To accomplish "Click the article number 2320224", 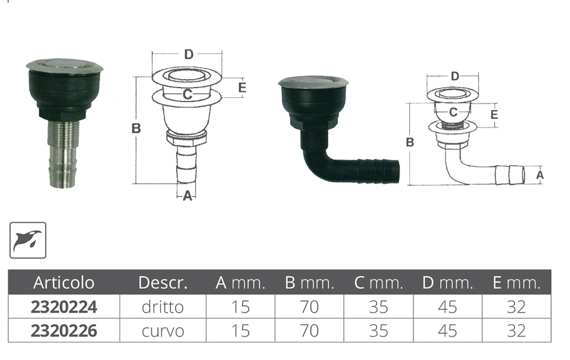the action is (x=64, y=308).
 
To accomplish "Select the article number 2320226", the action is (x=64, y=331).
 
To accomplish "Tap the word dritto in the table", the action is (x=162, y=308).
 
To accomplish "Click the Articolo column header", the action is (x=64, y=283).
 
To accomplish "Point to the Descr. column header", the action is (x=163, y=283).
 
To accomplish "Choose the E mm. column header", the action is (x=516, y=283).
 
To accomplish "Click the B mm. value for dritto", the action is (x=310, y=308).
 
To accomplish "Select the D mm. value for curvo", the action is (x=447, y=331).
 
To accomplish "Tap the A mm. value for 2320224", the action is (x=241, y=308).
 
